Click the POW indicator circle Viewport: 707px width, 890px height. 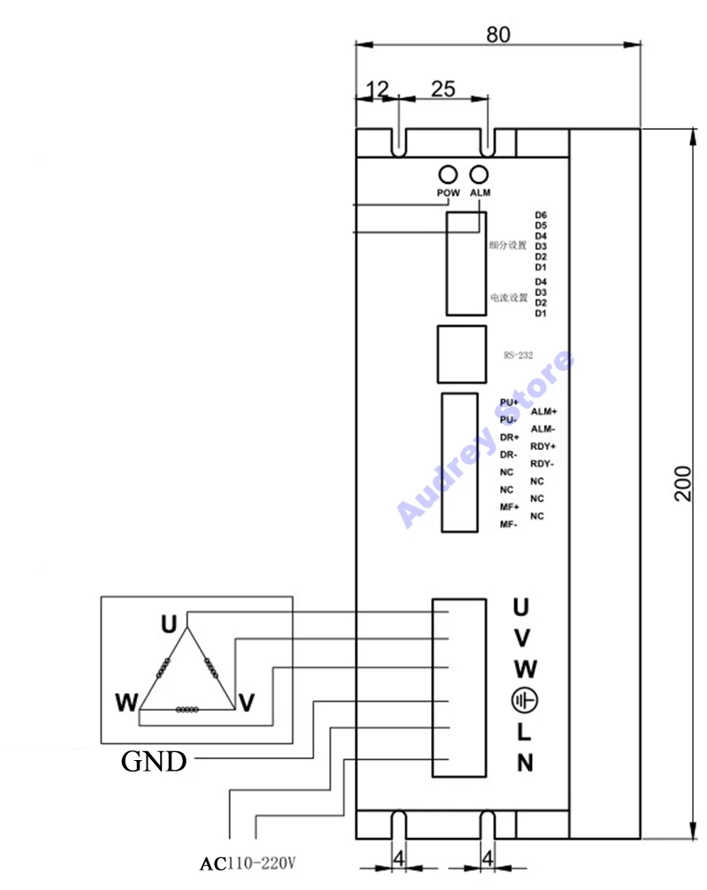448,173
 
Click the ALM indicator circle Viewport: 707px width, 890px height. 480,173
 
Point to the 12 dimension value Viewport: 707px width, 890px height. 377,89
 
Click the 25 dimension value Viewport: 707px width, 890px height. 443,89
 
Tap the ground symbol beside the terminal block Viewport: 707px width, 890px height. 523,701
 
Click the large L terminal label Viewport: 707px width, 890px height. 524,732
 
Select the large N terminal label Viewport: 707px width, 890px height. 525,763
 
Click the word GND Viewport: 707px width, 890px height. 154,761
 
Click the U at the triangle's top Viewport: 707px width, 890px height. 169,624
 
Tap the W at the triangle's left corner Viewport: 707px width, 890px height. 126,704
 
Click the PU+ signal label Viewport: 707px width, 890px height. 509,402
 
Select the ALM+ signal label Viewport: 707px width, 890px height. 544,412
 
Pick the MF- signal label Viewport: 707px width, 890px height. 508,525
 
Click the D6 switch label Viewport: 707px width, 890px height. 541,215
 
